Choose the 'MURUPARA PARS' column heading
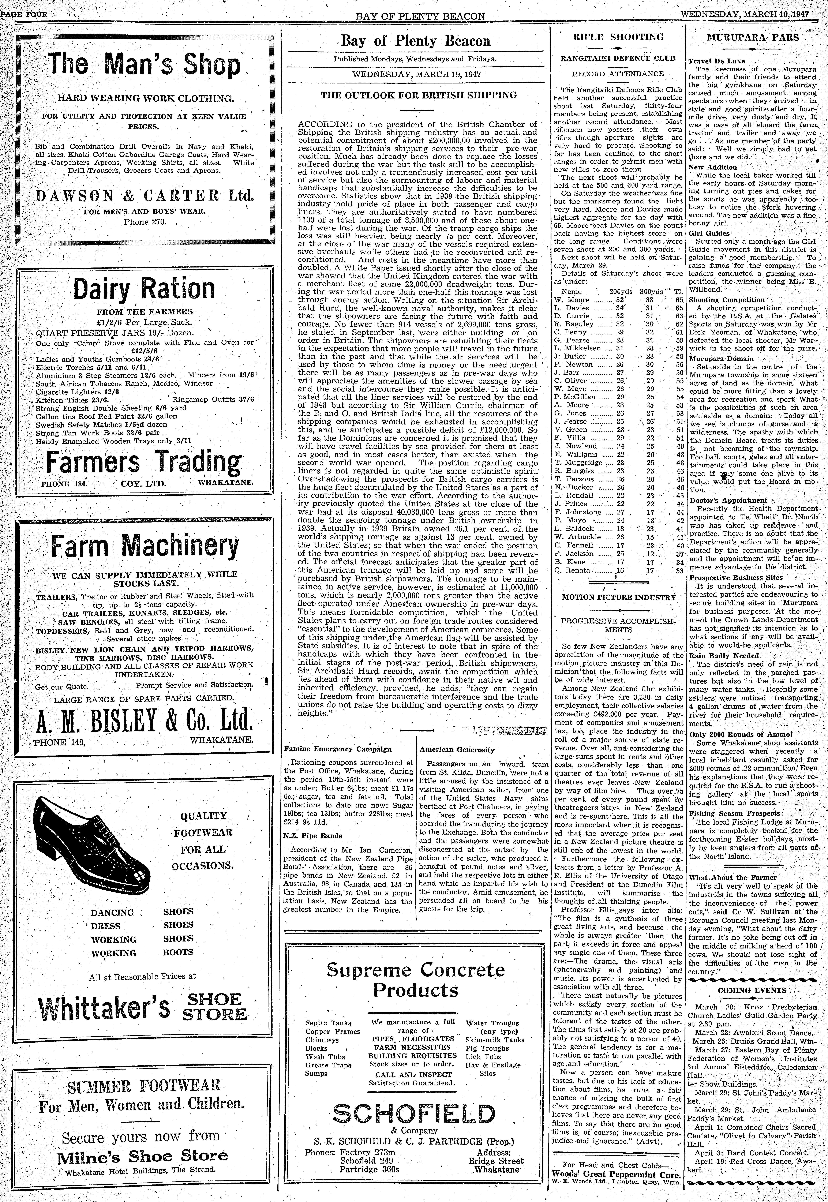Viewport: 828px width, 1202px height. (753, 37)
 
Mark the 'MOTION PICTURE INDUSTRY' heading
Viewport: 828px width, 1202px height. (619, 597)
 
